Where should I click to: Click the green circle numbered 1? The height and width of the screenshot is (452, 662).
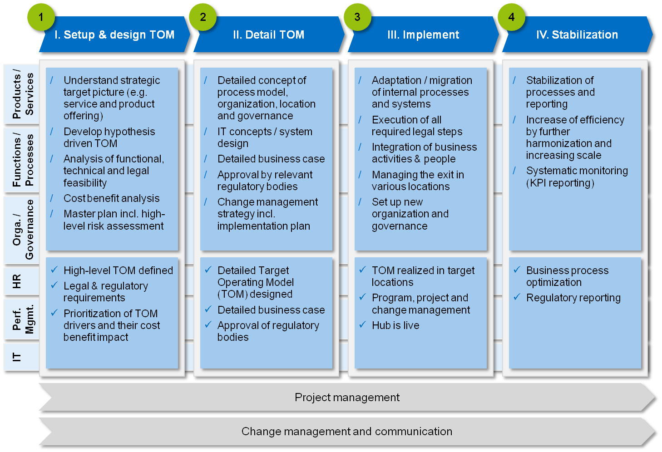click(x=41, y=18)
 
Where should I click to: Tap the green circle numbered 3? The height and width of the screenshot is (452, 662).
click(x=357, y=18)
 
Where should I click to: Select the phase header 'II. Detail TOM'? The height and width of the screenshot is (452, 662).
click(x=268, y=35)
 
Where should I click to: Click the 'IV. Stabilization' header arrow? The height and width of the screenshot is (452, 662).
click(x=577, y=35)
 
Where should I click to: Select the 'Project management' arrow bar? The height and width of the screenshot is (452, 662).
click(x=347, y=398)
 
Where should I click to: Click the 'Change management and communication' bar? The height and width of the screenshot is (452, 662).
click(x=347, y=432)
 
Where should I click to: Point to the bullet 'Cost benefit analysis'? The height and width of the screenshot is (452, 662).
click(x=111, y=198)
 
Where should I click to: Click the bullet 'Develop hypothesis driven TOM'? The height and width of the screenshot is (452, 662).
click(x=109, y=138)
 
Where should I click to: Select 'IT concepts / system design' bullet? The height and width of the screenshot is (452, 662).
click(x=265, y=138)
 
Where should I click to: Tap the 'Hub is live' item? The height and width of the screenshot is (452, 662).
click(x=395, y=325)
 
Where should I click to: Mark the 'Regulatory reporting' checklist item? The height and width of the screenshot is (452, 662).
click(x=573, y=298)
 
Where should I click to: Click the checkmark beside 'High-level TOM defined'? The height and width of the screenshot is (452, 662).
click(x=54, y=270)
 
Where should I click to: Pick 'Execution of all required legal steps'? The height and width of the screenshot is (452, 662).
click(x=417, y=126)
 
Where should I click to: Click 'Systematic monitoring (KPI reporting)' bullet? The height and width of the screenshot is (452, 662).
click(x=577, y=177)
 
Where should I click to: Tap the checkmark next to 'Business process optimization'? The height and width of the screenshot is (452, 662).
click(x=517, y=270)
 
